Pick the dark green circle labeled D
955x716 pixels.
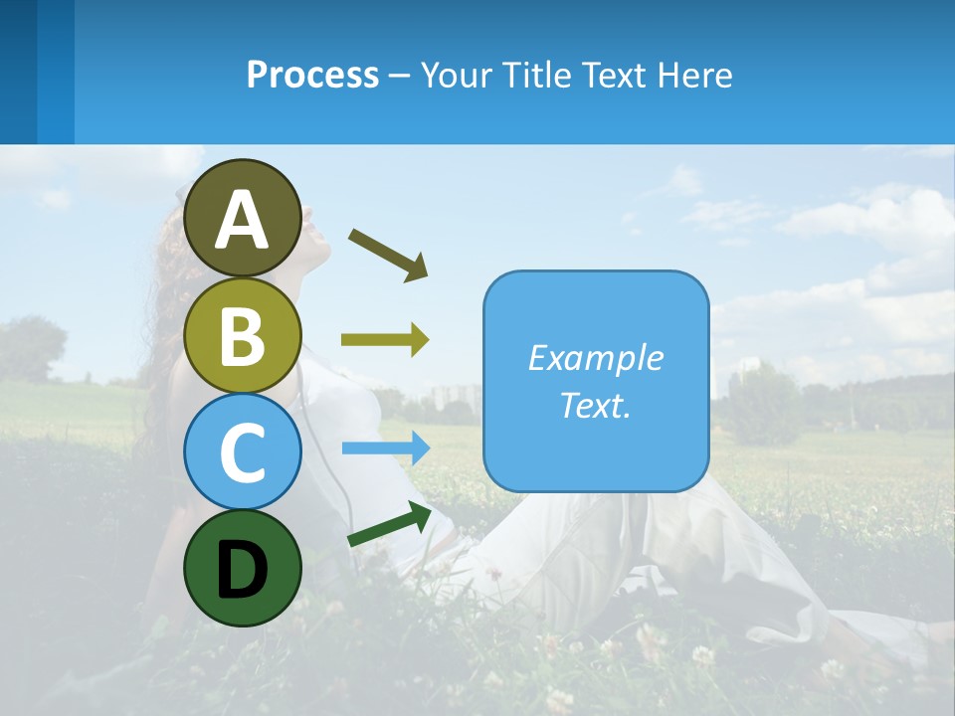pyautogui.click(x=243, y=568)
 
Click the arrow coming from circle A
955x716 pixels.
pyautogui.click(x=388, y=254)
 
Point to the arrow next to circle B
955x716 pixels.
pyautogui.click(x=385, y=340)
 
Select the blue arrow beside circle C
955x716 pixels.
pyautogui.click(x=385, y=447)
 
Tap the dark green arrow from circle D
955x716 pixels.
pyautogui.click(x=389, y=524)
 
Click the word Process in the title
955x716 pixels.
pyautogui.click(x=312, y=75)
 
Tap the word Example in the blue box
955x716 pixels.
pyautogui.click(x=595, y=358)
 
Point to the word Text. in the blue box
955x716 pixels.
pyautogui.click(x=595, y=405)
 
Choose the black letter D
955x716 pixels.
pyautogui.click(x=242, y=571)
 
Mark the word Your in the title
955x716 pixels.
pyautogui.click(x=457, y=75)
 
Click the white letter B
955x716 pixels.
pyautogui.click(x=243, y=336)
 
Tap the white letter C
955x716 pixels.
pyautogui.click(x=243, y=451)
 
